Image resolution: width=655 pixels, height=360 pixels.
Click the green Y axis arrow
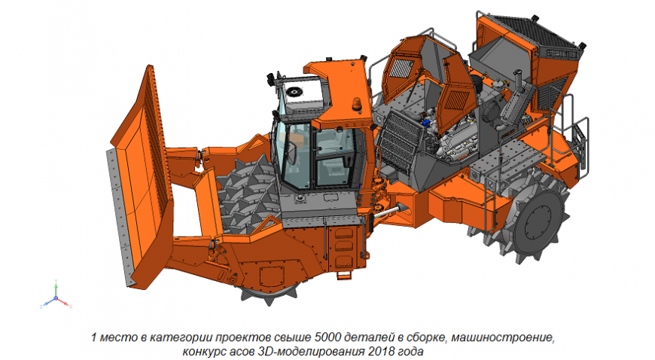tap(55, 286)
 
